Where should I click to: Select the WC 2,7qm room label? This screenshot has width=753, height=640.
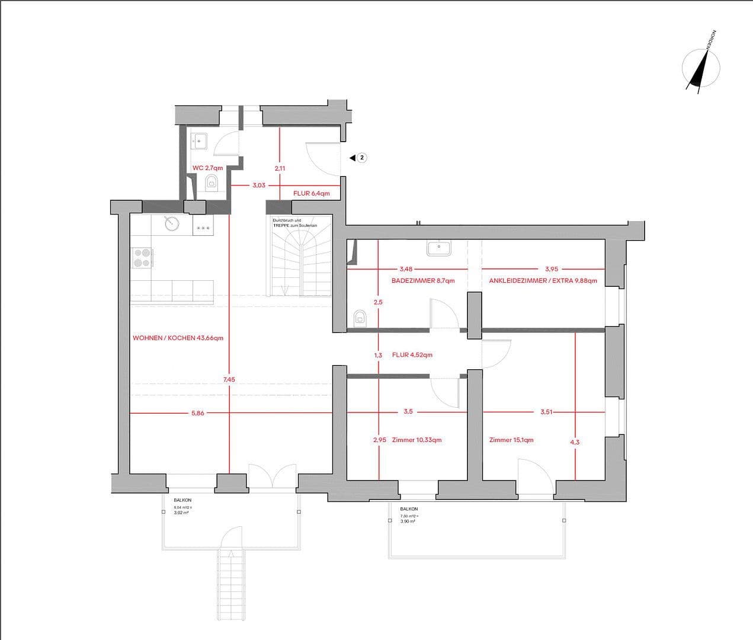[x=207, y=168]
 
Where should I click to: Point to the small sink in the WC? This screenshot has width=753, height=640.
[x=198, y=141]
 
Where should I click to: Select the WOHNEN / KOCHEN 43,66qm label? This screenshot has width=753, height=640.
[x=178, y=338]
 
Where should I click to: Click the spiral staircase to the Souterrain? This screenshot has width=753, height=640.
[x=302, y=261]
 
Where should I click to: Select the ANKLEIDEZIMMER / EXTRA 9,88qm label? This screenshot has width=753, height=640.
[x=543, y=281]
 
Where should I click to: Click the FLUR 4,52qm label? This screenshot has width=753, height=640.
[x=412, y=355]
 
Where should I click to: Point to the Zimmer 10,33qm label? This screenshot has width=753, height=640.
[x=416, y=440]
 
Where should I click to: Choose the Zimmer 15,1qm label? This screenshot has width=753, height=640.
[x=511, y=440]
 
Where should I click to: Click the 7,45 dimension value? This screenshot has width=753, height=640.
[x=229, y=379]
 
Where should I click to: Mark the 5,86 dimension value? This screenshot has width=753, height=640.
[x=198, y=413]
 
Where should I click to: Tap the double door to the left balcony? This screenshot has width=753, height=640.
[x=272, y=478]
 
